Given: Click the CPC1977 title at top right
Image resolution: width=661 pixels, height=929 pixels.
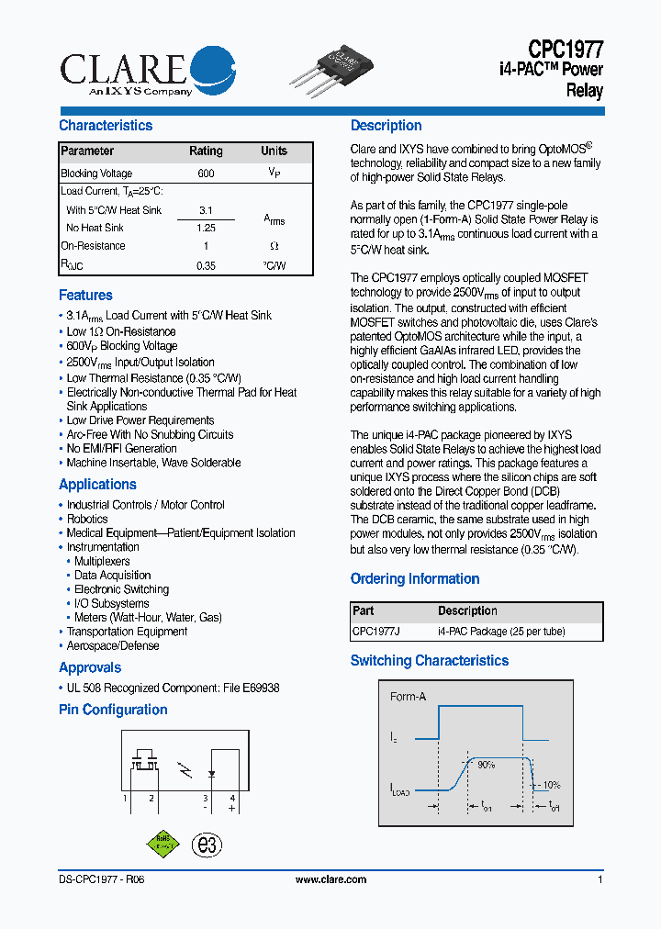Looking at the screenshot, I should (565, 50).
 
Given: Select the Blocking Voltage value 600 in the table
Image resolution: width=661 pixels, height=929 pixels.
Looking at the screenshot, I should (206, 173).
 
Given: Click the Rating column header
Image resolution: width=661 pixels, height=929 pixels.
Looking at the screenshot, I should (206, 151).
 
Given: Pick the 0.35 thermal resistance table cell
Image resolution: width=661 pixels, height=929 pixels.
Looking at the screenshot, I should (206, 266).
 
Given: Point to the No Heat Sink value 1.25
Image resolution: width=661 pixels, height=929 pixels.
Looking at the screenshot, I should (206, 228).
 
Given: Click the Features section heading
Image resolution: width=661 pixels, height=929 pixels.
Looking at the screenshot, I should (85, 296).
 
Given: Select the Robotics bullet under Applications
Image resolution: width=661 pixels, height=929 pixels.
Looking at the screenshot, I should (87, 519).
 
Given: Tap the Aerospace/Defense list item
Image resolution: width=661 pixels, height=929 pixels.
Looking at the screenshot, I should (112, 645).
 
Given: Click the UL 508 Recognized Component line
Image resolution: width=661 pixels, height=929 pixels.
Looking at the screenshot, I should (173, 688).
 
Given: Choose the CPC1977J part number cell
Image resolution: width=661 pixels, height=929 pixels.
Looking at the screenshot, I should (376, 632).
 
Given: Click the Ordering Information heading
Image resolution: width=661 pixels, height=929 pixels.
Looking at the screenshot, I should (415, 579).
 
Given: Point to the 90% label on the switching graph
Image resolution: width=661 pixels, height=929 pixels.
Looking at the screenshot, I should (486, 764).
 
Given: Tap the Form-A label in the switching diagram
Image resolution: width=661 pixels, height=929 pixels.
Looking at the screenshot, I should (408, 697).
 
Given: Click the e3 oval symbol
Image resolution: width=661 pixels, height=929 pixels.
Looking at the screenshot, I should (207, 845).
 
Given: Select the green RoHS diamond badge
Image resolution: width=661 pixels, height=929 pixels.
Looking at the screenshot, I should (162, 844).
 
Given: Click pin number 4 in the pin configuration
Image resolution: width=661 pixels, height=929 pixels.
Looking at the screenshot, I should (232, 799).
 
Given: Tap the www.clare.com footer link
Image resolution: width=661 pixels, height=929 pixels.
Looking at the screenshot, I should (330, 879).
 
